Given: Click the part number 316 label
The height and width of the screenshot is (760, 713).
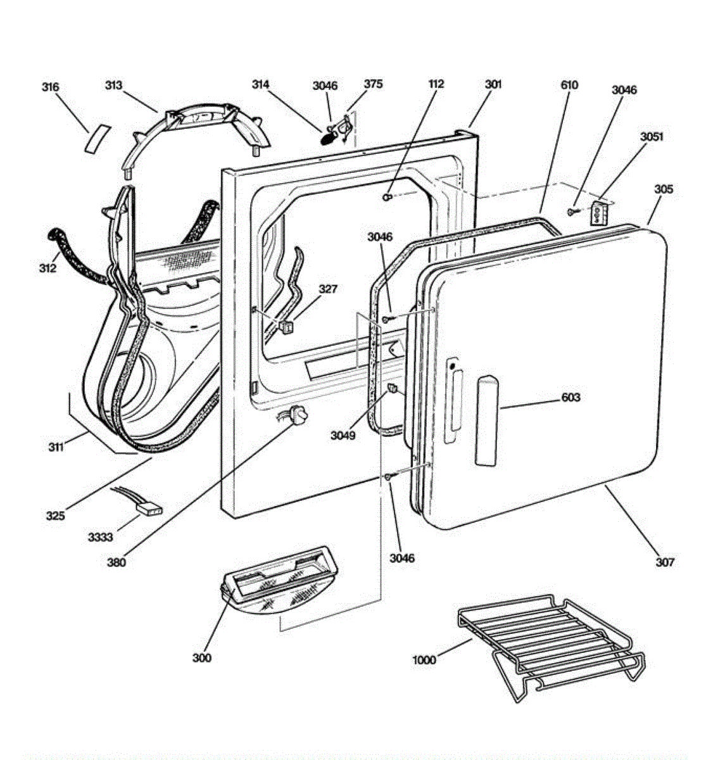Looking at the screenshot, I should (x=51, y=87).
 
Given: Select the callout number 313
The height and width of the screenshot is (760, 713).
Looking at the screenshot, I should (x=114, y=85).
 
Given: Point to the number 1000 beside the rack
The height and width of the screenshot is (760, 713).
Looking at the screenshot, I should (x=424, y=660).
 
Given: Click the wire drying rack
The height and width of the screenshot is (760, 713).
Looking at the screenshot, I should (x=551, y=640).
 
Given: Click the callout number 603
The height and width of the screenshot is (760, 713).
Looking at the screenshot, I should (x=571, y=398).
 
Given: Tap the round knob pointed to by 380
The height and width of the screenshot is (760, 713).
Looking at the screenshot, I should (x=298, y=416).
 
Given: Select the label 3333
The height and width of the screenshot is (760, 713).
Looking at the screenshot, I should (x=100, y=538).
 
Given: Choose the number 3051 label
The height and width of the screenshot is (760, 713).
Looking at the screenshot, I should (x=652, y=136).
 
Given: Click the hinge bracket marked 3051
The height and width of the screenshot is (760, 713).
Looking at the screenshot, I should (x=600, y=212).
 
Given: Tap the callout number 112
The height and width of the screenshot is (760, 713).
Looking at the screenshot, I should (x=436, y=84).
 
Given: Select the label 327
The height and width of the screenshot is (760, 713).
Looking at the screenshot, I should (x=328, y=289).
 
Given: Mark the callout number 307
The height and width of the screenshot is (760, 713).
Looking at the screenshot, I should (x=664, y=562).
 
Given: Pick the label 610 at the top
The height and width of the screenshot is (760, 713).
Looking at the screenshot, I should (x=569, y=85).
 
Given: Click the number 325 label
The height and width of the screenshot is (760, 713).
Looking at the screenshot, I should (x=55, y=516).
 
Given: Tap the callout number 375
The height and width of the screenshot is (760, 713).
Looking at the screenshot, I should (x=373, y=84).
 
